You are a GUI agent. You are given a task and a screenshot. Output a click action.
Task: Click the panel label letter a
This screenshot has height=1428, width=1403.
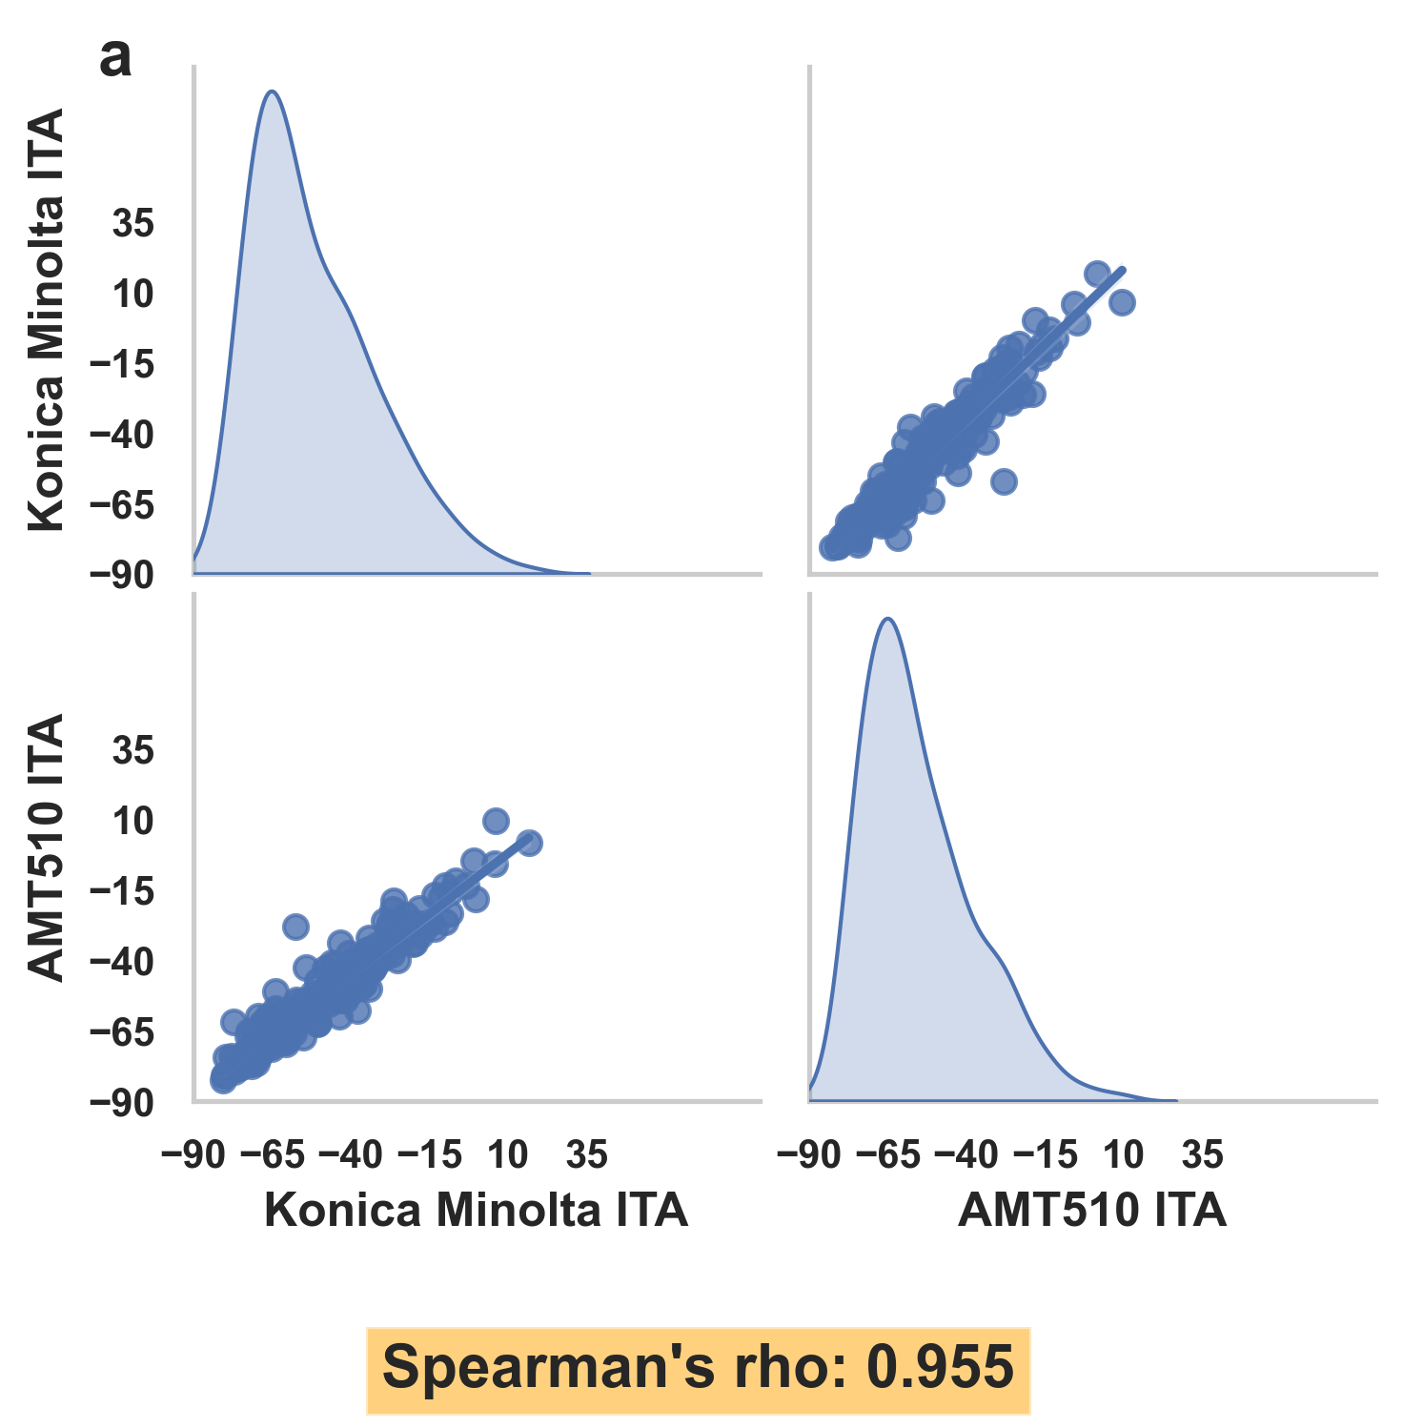pos(115,59)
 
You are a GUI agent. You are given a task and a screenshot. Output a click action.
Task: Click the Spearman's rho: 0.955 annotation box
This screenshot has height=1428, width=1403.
pos(698,1368)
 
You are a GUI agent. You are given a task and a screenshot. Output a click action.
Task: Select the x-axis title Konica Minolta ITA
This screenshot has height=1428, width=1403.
pos(476,1211)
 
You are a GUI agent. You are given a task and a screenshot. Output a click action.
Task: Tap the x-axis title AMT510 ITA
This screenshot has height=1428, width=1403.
pos(1091,1211)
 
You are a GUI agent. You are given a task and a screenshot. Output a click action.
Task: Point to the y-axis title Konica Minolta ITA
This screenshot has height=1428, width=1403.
pos(46,319)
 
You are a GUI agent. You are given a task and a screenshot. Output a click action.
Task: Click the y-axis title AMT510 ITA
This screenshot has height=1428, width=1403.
pos(46,847)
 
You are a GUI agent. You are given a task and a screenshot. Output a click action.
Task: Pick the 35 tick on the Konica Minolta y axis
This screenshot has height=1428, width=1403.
pos(132,224)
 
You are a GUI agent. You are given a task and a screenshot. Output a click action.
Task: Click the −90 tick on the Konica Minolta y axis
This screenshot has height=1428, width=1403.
pos(121,575)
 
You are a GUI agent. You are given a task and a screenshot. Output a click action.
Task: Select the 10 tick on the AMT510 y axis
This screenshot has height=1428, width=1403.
pos(132,821)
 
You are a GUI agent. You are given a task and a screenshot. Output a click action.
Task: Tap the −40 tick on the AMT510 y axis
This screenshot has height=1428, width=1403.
pos(121,962)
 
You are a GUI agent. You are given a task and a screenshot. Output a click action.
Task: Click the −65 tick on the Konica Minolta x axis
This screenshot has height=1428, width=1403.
pos(273,1155)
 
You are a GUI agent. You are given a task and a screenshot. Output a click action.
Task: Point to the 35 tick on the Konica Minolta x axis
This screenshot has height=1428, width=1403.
pos(586,1155)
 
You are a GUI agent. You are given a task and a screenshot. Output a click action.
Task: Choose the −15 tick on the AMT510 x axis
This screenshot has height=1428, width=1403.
pos(1046,1155)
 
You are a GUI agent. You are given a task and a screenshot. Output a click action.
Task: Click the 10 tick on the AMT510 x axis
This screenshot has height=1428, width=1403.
pos(1124,1155)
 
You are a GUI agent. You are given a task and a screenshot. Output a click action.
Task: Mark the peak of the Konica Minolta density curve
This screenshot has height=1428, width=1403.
pos(272,92)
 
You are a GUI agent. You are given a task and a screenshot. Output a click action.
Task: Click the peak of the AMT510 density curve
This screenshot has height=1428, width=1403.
pos(888,619)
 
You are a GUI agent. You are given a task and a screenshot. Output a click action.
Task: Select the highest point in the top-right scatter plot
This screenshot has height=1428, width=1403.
pos(1097,274)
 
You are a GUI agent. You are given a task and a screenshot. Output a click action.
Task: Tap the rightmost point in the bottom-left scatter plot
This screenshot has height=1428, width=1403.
pos(530,843)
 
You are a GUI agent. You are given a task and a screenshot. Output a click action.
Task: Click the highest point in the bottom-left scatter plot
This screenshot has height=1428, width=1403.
pos(496,821)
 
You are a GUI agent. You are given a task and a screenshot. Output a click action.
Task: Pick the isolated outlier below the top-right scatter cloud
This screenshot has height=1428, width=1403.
pos(1004,481)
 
